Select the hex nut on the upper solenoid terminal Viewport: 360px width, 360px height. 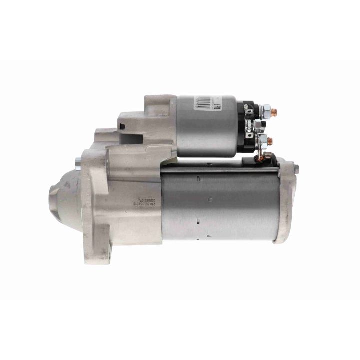pos(266,109)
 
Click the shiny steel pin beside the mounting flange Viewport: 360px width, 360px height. pos(78,161)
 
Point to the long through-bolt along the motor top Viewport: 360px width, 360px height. pos(220,169)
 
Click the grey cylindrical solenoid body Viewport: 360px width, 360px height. pos(206,127)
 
